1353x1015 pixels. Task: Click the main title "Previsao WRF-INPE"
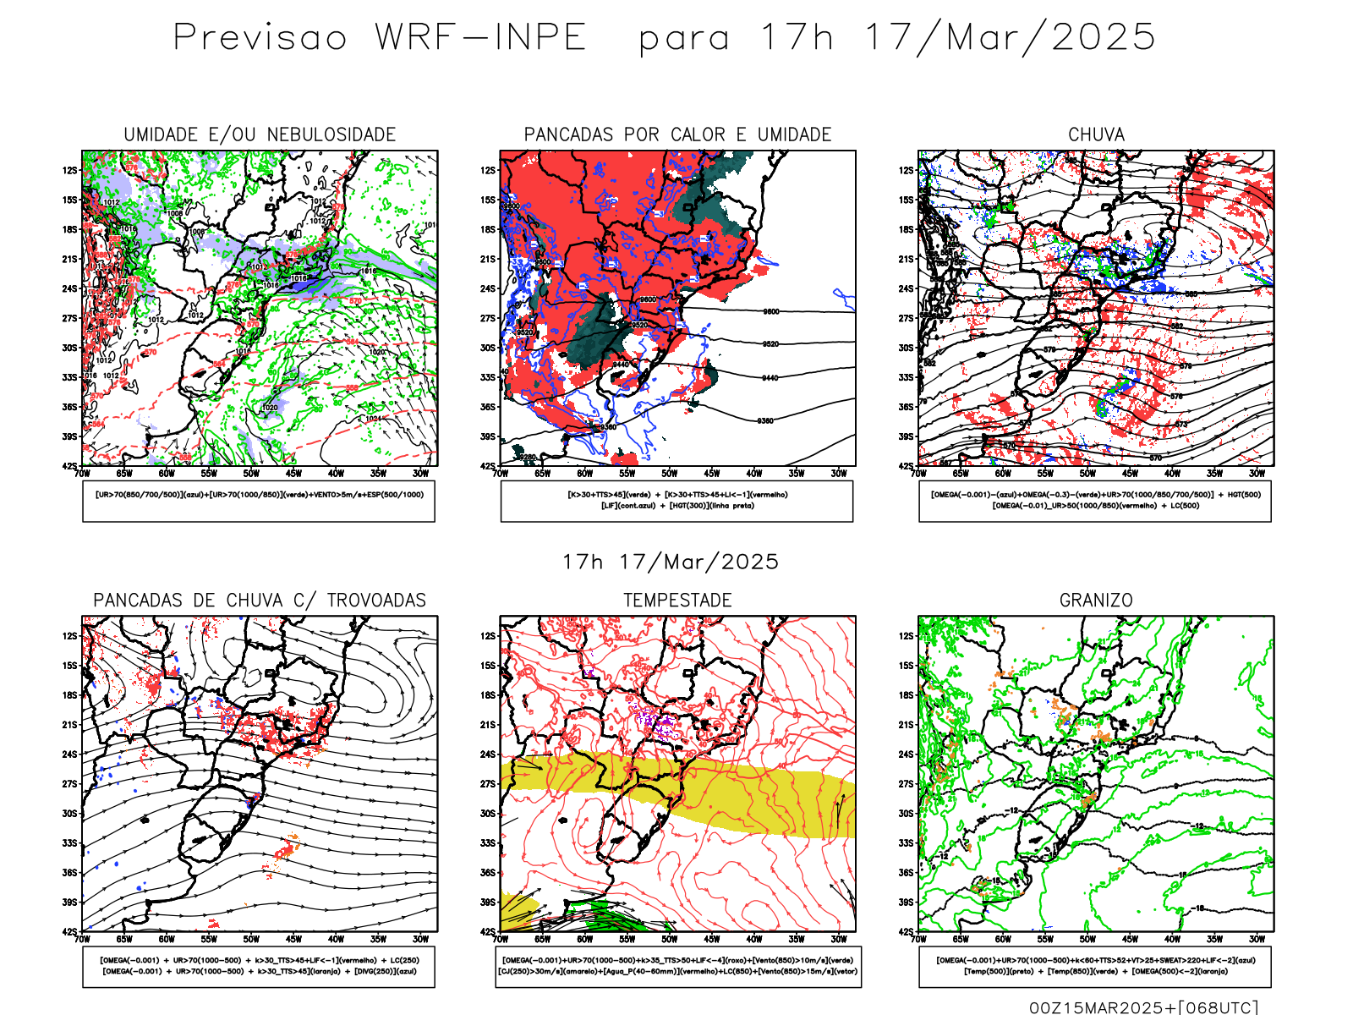[x=379, y=38]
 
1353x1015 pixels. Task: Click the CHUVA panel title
[x=1096, y=134]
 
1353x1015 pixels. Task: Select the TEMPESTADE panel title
[x=677, y=601]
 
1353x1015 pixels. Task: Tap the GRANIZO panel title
[x=1096, y=601]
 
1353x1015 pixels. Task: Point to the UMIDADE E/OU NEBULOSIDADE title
[x=260, y=134]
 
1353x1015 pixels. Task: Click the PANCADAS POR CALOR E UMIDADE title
[x=677, y=134]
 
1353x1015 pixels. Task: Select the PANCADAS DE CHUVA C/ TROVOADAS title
[x=260, y=601]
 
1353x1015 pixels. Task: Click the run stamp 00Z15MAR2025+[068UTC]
[x=1143, y=1007]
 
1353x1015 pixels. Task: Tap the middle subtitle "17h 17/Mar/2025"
[x=671, y=562]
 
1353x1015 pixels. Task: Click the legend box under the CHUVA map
[x=1095, y=501]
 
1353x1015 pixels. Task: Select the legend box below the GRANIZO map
[x=1095, y=966]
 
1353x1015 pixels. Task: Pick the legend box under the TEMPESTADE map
[x=677, y=966]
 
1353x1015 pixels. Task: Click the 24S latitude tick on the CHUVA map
[x=907, y=288]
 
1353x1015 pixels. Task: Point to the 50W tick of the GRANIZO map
[x=1087, y=939]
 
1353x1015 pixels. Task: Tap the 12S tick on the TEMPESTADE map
[x=488, y=636]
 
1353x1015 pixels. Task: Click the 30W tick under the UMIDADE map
[x=420, y=474]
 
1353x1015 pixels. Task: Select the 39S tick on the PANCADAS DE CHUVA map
[x=69, y=903]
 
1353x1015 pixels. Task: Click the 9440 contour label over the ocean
[x=770, y=378]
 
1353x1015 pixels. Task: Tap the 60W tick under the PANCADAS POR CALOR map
[x=584, y=474]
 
